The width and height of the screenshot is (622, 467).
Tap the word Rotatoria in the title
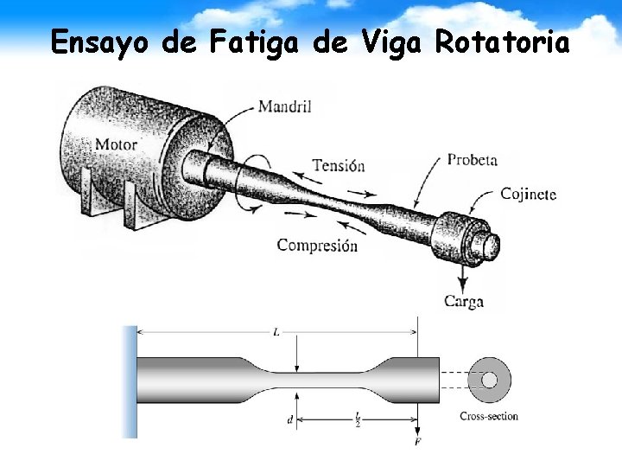tap(502, 42)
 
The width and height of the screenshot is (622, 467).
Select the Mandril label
tap(284, 107)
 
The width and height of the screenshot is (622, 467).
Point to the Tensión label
tap(338, 165)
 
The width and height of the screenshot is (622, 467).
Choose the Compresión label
tap(317, 246)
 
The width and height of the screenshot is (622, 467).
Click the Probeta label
tap(472, 160)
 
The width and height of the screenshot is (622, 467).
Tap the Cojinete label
tap(528, 194)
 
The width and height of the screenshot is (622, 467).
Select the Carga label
tap(463, 302)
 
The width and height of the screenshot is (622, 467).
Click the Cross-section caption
tap(489, 417)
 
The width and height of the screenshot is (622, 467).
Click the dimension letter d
tap(289, 421)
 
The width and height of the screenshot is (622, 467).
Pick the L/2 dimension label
tap(358, 420)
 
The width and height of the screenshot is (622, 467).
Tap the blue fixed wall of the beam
tap(130, 381)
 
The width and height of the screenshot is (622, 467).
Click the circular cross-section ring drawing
tap(489, 380)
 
